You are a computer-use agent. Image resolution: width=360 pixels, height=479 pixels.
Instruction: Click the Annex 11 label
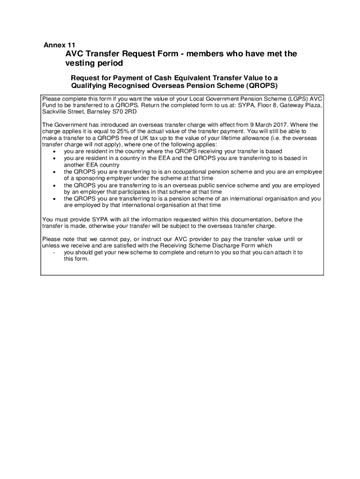pyautogui.click(x=59, y=45)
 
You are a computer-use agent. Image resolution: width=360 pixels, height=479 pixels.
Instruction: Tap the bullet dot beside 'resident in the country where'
pyautogui.click(x=55, y=152)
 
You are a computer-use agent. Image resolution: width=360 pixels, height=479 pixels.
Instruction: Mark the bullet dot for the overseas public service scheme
pyautogui.click(x=55, y=185)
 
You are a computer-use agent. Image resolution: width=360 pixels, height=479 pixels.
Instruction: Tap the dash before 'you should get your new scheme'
pyautogui.click(x=55, y=252)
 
